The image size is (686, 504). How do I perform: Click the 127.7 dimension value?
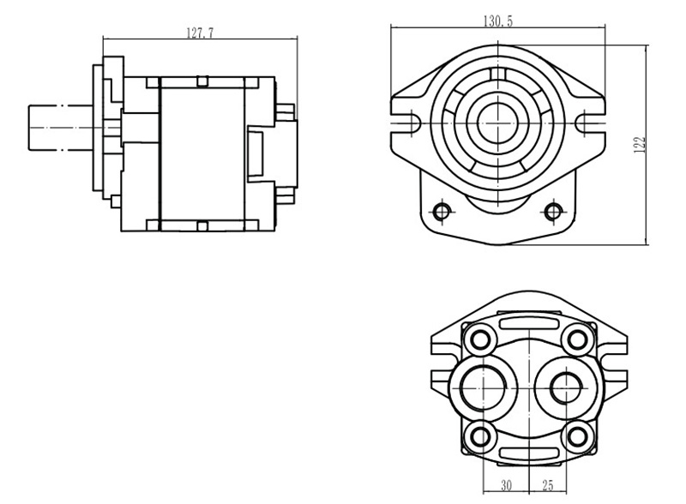pyautogui.click(x=200, y=33)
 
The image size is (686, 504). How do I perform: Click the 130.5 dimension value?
pyautogui.click(x=498, y=21)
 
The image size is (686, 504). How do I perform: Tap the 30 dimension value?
pyautogui.click(x=506, y=485)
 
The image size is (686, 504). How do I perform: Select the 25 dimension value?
pyautogui.click(x=548, y=485)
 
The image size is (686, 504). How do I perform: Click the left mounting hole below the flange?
pyautogui.click(x=442, y=213)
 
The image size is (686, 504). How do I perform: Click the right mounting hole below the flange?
pyautogui.click(x=554, y=213)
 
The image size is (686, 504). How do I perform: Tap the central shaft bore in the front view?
pyautogui.click(x=498, y=123)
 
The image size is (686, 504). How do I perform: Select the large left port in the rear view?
pyautogui.click(x=483, y=387)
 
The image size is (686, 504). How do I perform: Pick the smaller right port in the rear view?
pyautogui.click(x=567, y=387)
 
